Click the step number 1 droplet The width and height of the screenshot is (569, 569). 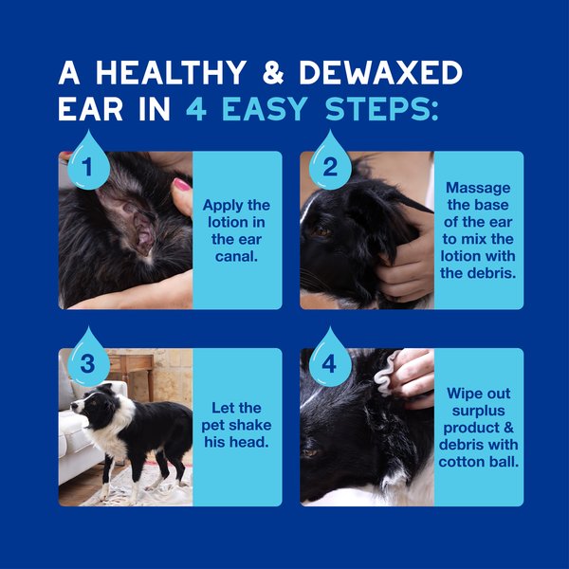[x=87, y=165]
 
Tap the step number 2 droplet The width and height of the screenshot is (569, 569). [x=330, y=165]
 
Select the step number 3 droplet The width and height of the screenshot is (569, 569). [x=87, y=362]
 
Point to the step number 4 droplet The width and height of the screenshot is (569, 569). [x=330, y=362]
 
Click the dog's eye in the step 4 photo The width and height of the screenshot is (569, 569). [x=310, y=452]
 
